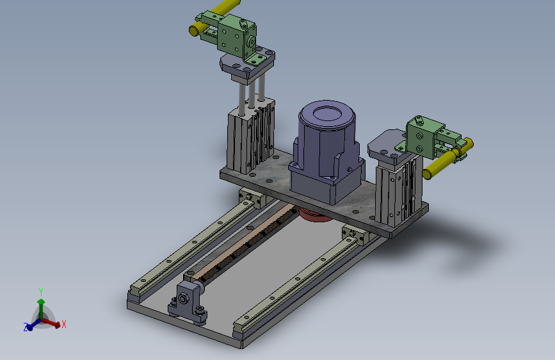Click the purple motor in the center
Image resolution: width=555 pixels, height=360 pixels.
click(x=326, y=152)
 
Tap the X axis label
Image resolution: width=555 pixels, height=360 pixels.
click(x=64, y=324)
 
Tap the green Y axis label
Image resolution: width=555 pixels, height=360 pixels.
click(x=41, y=292)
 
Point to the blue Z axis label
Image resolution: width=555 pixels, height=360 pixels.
click(x=26, y=327)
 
